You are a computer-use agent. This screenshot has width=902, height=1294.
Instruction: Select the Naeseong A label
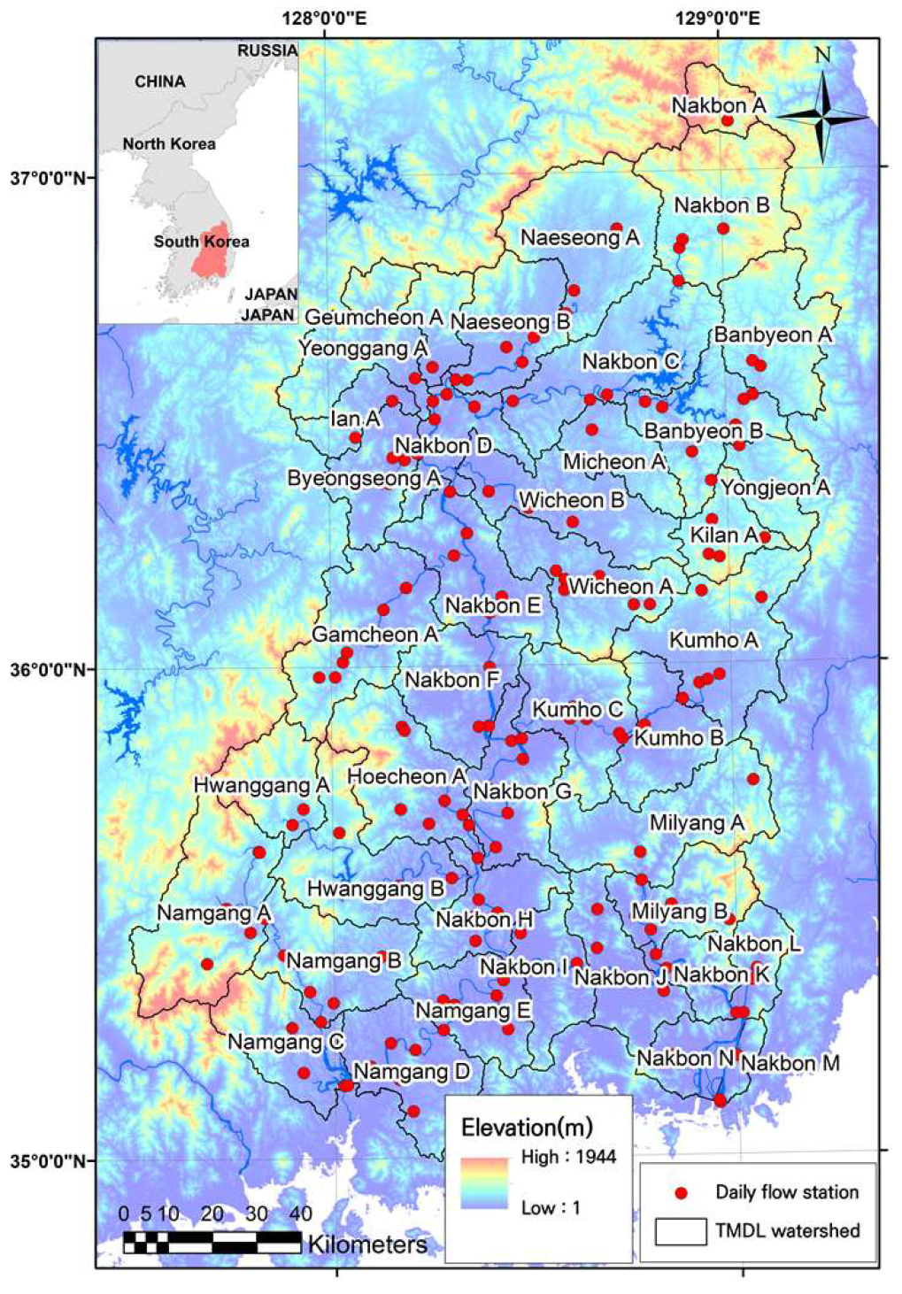[579, 238]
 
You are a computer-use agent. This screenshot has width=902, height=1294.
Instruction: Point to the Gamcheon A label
[374, 635]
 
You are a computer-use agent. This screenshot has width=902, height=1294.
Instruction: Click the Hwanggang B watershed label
[375, 889]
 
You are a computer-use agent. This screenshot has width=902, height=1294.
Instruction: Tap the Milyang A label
[697, 823]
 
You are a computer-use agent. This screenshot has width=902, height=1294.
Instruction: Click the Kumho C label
[577, 710]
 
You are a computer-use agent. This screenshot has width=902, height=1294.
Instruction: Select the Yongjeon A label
[775, 488]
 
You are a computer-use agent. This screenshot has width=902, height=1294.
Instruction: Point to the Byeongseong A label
[363, 479]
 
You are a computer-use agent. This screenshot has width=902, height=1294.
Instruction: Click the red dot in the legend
[681, 1193]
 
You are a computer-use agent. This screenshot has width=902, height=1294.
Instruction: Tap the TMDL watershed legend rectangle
[680, 1231]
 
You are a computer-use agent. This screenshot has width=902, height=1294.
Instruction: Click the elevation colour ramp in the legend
[484, 1182]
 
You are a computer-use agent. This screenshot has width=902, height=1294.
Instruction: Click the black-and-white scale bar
[212, 1242]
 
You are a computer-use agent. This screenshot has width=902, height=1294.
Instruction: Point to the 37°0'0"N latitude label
[49, 177]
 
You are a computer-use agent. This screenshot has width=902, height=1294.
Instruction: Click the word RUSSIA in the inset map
[266, 50]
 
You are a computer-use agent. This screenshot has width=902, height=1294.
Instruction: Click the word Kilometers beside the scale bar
[366, 1244]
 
